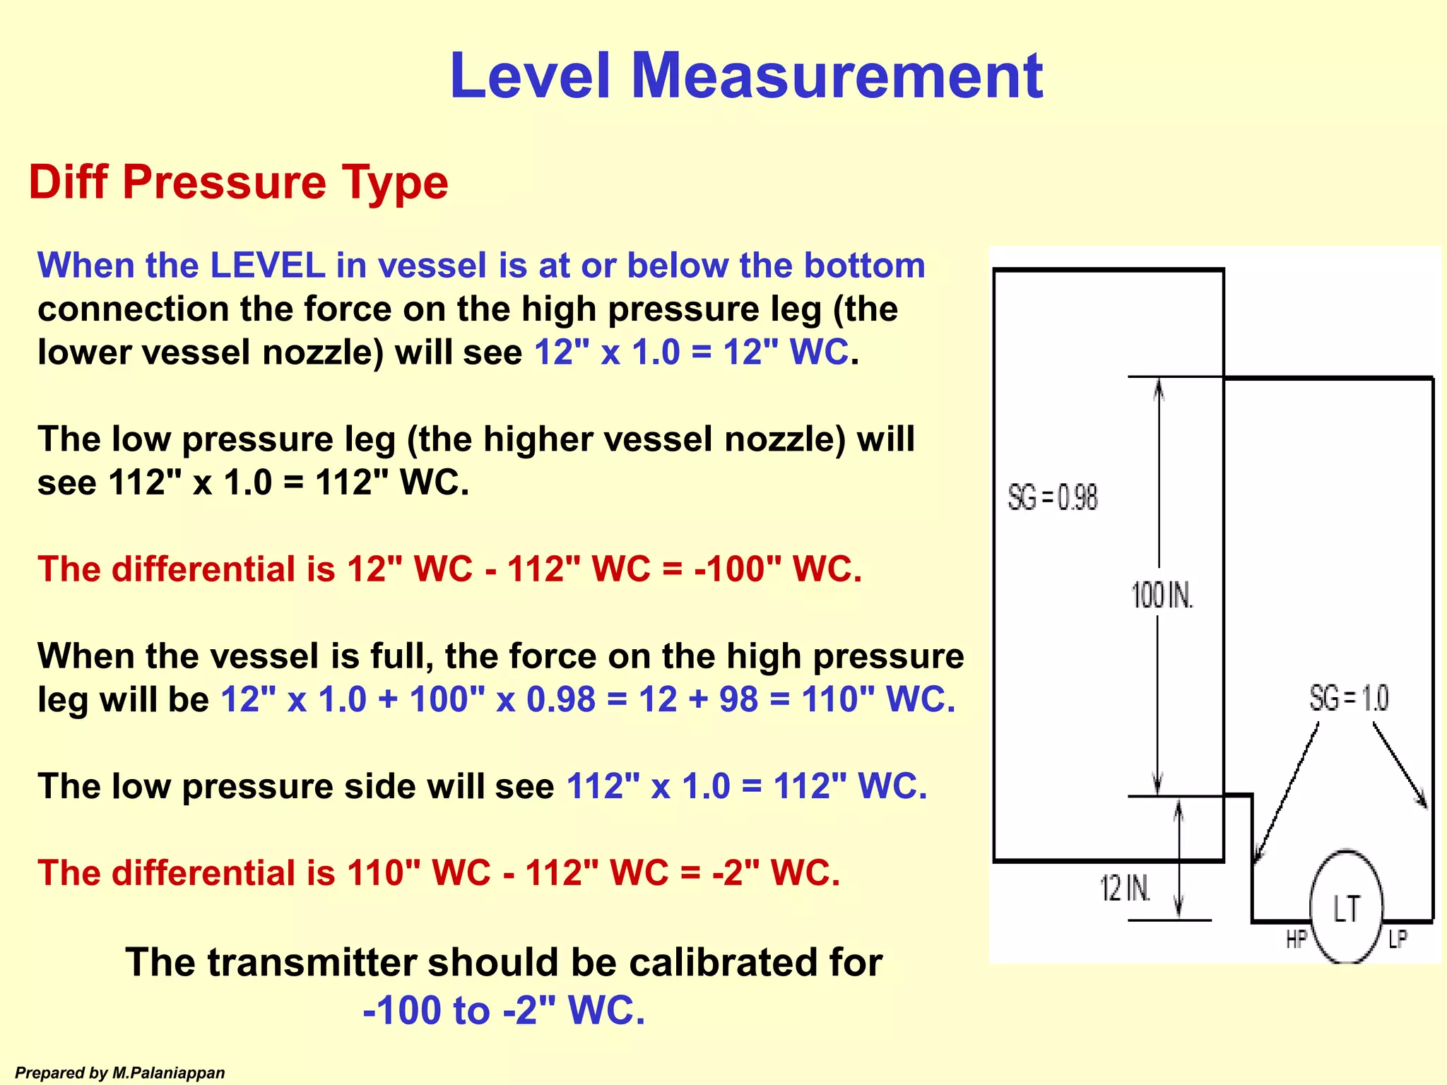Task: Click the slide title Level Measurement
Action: (x=746, y=76)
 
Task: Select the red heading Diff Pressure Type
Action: (x=238, y=182)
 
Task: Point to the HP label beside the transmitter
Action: (x=1296, y=939)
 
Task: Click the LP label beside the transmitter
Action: (x=1397, y=939)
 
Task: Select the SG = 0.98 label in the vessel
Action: (x=1052, y=498)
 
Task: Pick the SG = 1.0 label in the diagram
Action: (x=1349, y=699)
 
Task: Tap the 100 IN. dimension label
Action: (x=1162, y=595)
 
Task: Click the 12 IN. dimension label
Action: (x=1125, y=888)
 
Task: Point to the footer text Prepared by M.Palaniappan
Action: (x=120, y=1073)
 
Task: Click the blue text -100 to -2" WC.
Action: (x=504, y=1010)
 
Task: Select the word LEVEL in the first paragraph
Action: (x=268, y=266)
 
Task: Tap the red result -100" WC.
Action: (x=778, y=569)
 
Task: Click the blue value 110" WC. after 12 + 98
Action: (x=878, y=699)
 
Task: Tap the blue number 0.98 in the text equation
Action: (x=561, y=699)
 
